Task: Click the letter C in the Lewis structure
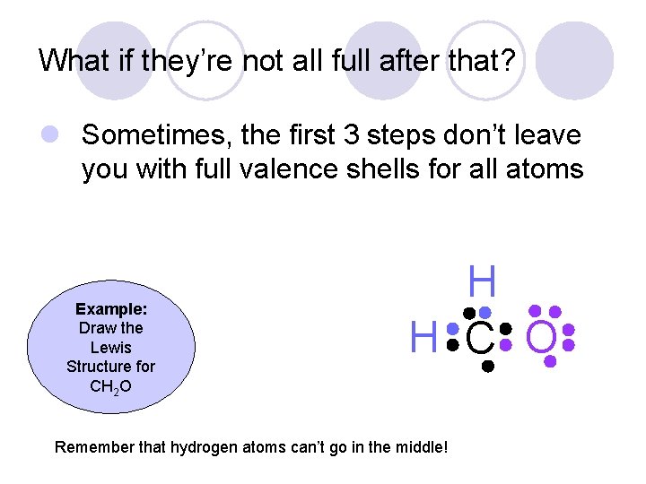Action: click(x=480, y=339)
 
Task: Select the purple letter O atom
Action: click(x=543, y=339)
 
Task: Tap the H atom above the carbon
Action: click(x=482, y=282)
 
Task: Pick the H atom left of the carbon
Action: click(x=423, y=339)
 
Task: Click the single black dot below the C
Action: click(x=487, y=367)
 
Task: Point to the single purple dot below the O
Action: click(x=550, y=361)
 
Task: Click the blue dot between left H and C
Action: click(x=453, y=330)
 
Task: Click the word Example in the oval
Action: click(x=111, y=308)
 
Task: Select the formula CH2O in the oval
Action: click(x=111, y=386)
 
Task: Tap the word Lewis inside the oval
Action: click(x=111, y=347)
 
